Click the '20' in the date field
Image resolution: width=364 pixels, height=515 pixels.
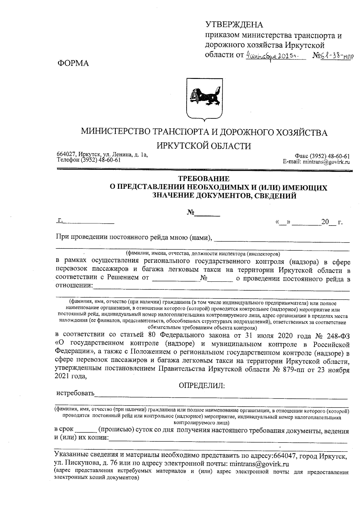[x=325, y=222]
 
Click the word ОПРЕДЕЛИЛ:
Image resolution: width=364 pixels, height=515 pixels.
[x=202, y=386]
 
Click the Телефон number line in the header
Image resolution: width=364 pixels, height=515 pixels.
[x=89, y=160]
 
